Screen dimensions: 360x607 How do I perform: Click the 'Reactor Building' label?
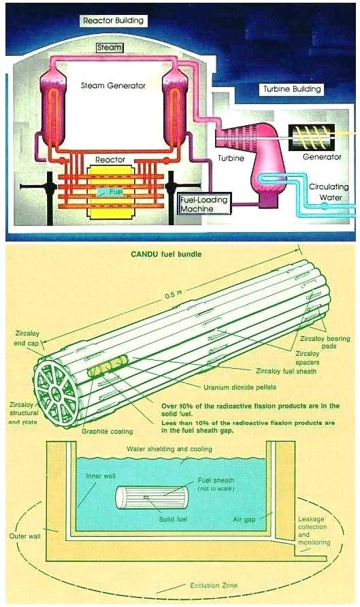click(113, 20)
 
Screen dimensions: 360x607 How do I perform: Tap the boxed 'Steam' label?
click(110, 48)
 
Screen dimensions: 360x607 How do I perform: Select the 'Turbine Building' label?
click(292, 89)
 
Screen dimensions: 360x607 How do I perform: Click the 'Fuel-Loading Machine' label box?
click(204, 203)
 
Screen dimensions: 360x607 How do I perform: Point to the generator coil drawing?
click(312, 137)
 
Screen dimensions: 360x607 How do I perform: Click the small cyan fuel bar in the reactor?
click(110, 191)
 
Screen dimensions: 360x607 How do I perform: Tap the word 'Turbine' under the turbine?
click(231, 158)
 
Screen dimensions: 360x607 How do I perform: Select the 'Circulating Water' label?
click(329, 192)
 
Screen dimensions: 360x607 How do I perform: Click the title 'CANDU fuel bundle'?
click(166, 255)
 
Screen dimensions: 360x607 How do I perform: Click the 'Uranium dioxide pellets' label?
click(240, 387)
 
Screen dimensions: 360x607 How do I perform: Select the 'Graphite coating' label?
click(107, 431)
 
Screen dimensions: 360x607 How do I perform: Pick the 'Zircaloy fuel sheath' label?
click(286, 371)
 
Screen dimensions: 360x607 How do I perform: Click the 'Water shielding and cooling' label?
click(169, 449)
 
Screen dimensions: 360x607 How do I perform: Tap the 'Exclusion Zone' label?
click(214, 585)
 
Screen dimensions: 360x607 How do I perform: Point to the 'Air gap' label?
click(244, 519)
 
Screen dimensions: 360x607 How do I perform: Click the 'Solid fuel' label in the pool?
click(173, 519)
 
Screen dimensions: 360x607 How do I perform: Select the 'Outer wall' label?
click(24, 536)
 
